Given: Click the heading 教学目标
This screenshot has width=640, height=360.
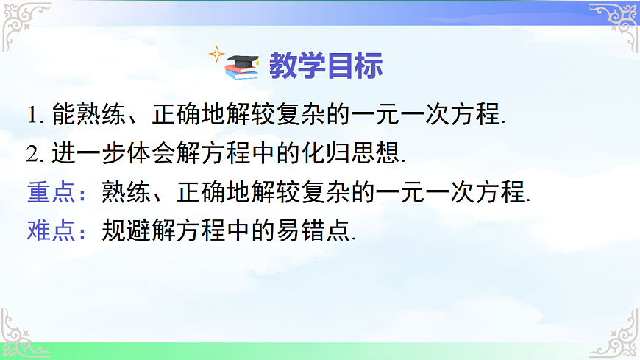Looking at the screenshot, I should pos(325,66).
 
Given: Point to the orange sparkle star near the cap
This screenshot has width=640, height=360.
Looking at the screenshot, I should pos(216,54).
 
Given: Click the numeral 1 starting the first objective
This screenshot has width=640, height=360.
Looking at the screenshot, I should pos(32,116).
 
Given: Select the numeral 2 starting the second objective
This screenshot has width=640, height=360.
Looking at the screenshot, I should pos(32,154).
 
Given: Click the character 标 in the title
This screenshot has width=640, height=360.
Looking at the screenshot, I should pos(369,66).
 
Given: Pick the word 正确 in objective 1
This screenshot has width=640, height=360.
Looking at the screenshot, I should pos(178,116).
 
